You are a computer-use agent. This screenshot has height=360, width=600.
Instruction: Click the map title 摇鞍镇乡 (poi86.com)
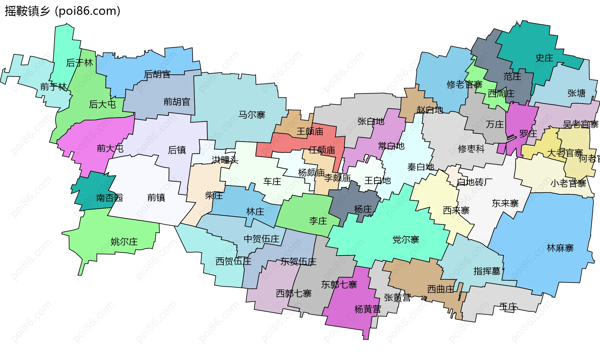[x=62, y=11]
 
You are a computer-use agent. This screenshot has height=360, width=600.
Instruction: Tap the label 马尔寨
[x=252, y=115]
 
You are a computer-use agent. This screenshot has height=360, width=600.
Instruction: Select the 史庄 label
[x=544, y=58]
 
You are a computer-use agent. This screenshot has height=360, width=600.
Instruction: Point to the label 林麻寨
[x=560, y=248]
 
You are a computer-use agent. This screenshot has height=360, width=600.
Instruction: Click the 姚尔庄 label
[x=124, y=242]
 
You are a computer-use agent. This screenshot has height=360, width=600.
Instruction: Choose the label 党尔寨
[x=406, y=240]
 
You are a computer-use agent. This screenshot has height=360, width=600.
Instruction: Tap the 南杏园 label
[x=109, y=197]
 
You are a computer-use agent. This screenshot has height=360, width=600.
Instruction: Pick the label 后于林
[x=79, y=63]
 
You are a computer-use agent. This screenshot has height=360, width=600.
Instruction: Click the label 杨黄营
[x=367, y=309]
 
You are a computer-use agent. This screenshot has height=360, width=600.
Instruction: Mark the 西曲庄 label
[x=440, y=289]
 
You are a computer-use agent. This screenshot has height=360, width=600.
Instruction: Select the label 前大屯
[x=110, y=148]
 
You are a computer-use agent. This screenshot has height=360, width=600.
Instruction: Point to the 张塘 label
[x=576, y=93]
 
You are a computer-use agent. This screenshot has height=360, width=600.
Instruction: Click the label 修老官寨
[x=464, y=84]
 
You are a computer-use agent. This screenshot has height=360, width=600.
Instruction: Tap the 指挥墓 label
[x=487, y=271]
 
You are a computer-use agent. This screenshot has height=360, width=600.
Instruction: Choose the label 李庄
[x=318, y=221]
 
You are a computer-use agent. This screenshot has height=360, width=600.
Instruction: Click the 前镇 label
[x=156, y=197]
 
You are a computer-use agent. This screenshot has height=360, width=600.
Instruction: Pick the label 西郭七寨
[x=293, y=293]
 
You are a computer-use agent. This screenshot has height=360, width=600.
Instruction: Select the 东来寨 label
[x=505, y=203]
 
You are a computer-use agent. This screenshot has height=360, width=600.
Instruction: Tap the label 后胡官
[x=157, y=74]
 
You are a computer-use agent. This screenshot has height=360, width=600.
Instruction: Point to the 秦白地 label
[x=421, y=167]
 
